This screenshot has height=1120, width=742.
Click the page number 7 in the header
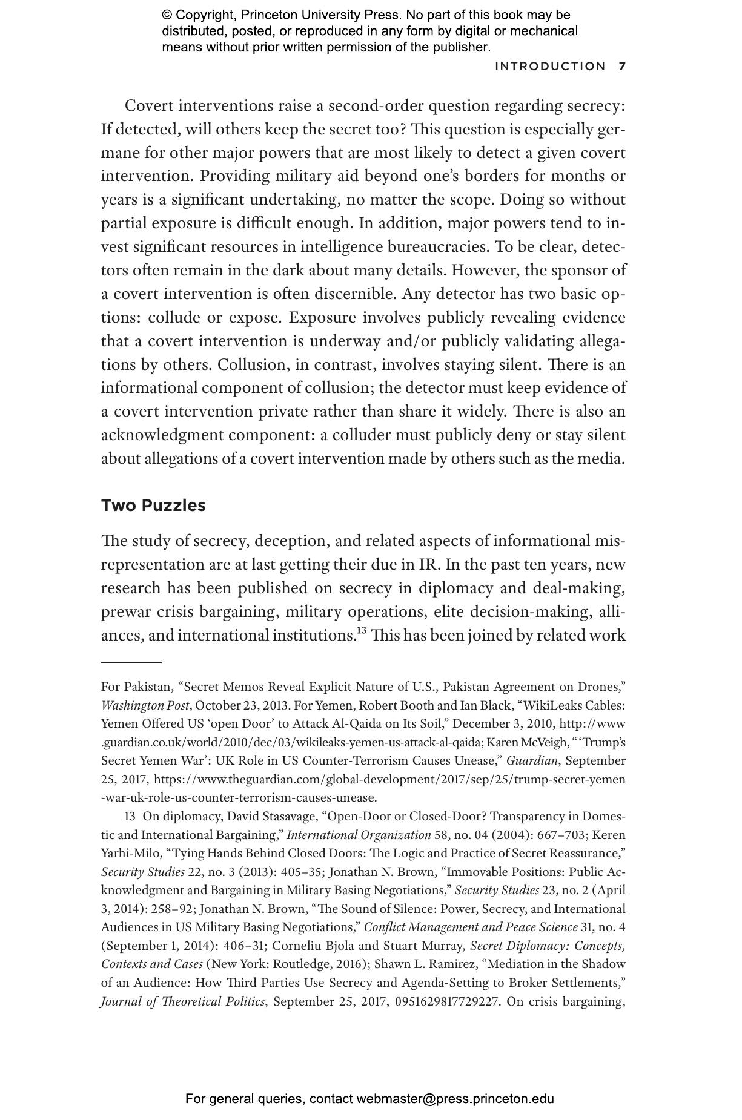coord(622,67)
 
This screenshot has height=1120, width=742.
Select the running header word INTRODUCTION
coord(550,67)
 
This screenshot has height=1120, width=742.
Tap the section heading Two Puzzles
coord(153,506)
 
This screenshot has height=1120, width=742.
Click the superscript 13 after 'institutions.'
coord(362,630)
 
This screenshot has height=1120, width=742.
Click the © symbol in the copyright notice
coord(167,15)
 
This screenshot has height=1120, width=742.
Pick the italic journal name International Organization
coord(359,835)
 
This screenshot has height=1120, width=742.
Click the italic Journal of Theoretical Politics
coord(183,1001)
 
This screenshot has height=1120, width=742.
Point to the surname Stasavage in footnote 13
coord(290,816)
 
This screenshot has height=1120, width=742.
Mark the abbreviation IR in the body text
coord(426,564)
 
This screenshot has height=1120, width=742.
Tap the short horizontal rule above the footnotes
coord(131,663)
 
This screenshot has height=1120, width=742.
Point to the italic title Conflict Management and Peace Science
coord(471,927)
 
